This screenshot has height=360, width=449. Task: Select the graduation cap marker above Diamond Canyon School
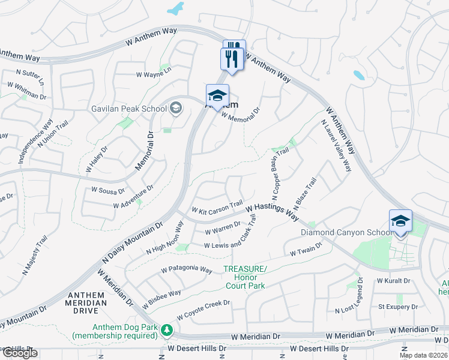(x=400, y=221)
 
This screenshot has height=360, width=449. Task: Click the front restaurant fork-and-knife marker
(x=231, y=59)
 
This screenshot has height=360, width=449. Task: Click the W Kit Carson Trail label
(x=217, y=207)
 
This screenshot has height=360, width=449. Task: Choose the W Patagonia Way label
(x=187, y=269)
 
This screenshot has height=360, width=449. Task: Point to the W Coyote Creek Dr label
(x=203, y=310)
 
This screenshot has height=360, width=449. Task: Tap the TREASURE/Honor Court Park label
(x=245, y=278)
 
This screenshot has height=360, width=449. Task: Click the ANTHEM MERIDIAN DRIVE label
(x=87, y=299)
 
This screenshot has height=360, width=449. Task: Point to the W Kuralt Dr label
(x=393, y=280)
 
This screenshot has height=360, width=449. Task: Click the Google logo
(x=20, y=353)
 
